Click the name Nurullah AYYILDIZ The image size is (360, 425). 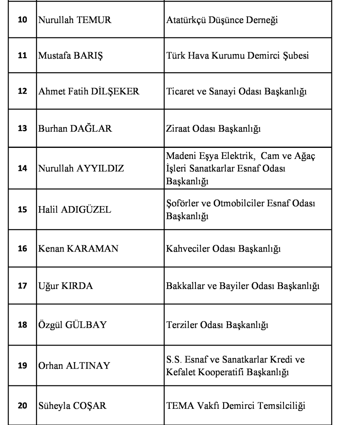pos(81,168)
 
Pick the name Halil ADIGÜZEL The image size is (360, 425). pos(74,211)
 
